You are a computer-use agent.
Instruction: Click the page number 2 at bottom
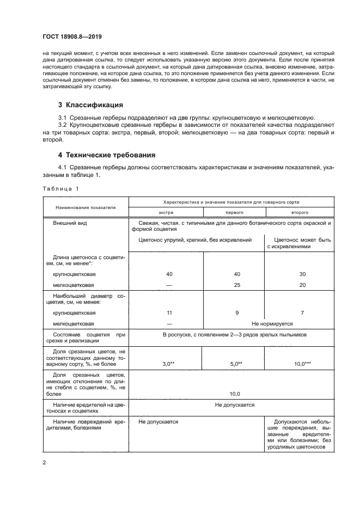click(x=44, y=463)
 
